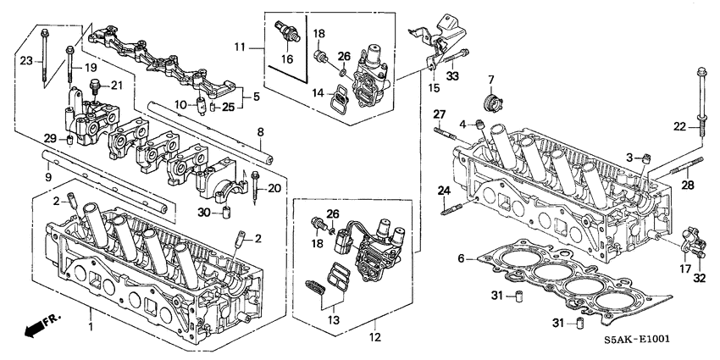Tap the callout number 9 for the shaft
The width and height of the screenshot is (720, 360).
(48, 176)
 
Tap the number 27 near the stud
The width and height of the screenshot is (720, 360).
(440, 114)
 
